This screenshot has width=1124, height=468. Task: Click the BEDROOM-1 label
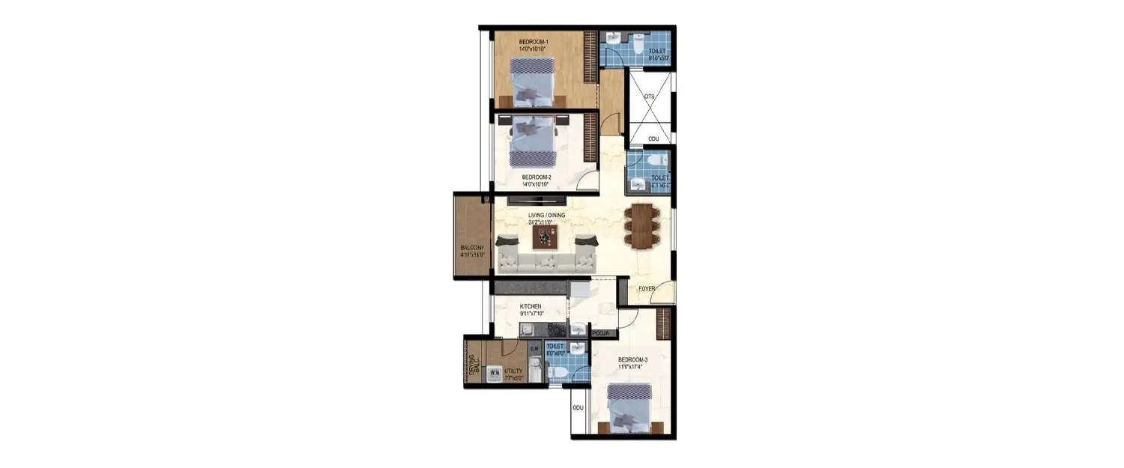[x=533, y=40]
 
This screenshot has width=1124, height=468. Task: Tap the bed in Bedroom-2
[x=534, y=143]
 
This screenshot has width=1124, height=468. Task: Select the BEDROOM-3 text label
[x=632, y=360]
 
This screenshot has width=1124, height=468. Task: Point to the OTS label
[x=649, y=96]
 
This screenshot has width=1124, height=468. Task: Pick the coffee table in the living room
[x=546, y=237]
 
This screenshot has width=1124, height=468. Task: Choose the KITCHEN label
[x=531, y=306]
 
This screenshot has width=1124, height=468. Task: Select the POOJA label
[x=600, y=332]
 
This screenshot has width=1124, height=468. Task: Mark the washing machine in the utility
[x=494, y=372]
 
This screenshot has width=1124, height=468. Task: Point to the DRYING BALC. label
[x=473, y=364]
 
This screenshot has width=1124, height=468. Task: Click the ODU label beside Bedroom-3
[x=578, y=408]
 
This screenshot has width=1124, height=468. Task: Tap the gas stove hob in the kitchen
[x=557, y=329]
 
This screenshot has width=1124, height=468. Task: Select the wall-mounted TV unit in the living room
[x=537, y=200]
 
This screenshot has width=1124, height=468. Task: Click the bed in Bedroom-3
[x=628, y=408]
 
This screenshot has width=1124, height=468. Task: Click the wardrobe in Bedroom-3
[x=662, y=323]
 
